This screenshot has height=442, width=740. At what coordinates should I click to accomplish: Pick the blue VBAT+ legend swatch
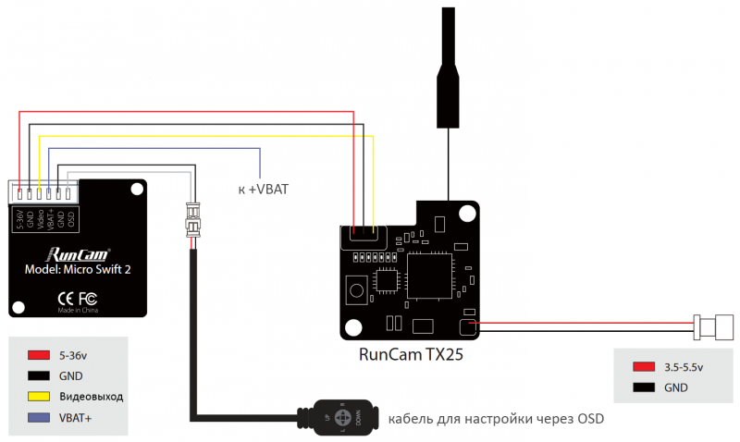(38, 418)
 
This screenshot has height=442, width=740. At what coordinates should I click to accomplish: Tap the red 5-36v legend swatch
(38, 355)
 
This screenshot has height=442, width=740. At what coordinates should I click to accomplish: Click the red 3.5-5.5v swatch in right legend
(645, 367)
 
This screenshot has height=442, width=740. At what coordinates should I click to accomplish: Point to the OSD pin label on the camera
(71, 219)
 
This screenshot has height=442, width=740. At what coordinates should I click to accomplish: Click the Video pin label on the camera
(41, 219)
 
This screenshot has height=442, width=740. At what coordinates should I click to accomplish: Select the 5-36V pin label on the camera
(20, 219)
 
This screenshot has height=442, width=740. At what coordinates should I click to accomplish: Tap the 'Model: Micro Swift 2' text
(79, 270)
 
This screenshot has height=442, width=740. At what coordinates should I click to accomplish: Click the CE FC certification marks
(78, 298)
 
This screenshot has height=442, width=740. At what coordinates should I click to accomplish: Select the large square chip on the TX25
(432, 276)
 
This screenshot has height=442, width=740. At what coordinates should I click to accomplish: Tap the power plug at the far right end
(713, 325)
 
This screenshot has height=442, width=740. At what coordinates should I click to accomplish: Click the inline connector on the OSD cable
(192, 220)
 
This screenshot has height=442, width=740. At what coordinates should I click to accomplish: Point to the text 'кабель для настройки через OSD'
(495, 419)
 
